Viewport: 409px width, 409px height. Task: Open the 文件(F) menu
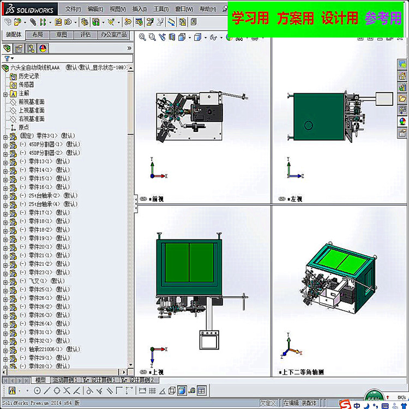coord(73,9)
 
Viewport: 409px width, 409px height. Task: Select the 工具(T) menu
coord(160,9)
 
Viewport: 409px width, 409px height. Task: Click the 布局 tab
coord(38,34)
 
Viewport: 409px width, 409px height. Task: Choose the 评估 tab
coord(86,34)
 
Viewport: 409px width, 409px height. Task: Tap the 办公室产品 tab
coord(113,34)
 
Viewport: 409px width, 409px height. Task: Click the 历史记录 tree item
coord(29,76)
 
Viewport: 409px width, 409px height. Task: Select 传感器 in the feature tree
coord(26,85)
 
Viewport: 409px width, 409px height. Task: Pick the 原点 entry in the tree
coord(23,127)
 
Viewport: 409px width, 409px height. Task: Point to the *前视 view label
coord(158,199)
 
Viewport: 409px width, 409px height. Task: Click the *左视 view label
coord(295,199)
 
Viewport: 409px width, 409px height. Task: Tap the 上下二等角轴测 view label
coord(303,372)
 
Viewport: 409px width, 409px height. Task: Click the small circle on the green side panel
coord(309,125)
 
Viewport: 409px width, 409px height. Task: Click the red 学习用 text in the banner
coord(250,18)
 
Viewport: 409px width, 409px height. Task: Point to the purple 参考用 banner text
coord(383,18)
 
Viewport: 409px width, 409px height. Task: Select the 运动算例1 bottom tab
coord(65,380)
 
